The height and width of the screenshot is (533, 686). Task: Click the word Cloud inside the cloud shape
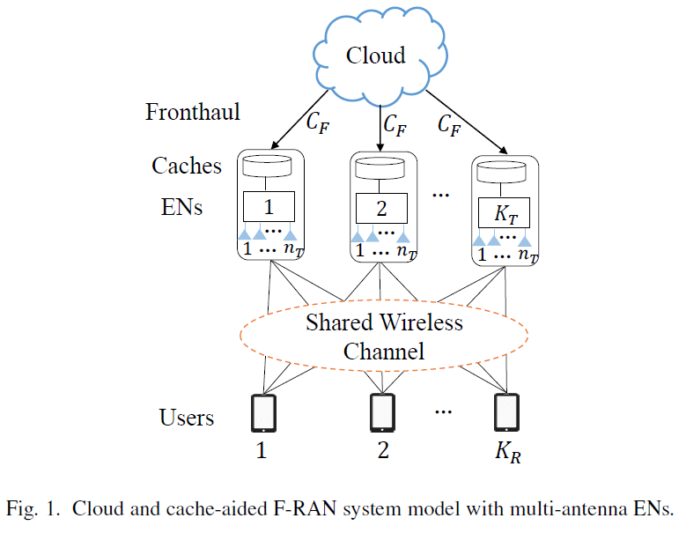click(x=375, y=56)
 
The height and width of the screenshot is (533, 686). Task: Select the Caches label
click(x=187, y=165)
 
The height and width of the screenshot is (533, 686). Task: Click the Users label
click(x=187, y=416)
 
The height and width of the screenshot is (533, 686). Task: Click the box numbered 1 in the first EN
click(x=269, y=208)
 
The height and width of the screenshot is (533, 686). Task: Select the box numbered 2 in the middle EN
click(x=382, y=209)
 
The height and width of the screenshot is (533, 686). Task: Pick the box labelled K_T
click(x=504, y=212)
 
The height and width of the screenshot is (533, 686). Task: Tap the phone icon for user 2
click(x=382, y=411)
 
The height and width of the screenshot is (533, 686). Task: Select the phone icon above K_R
click(x=505, y=411)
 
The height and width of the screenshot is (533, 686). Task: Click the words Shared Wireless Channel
click(x=384, y=337)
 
